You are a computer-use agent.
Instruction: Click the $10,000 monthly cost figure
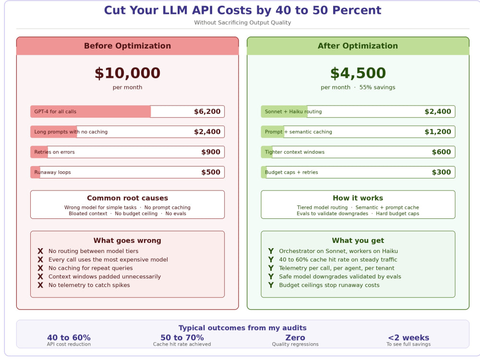point(127,73)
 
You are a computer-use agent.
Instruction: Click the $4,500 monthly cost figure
point(358,73)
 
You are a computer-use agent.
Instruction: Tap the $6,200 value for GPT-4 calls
point(207,111)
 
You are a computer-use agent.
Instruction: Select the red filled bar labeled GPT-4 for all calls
point(91,111)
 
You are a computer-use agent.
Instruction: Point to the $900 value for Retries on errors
point(211,152)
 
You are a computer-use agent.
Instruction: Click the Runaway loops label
point(52,172)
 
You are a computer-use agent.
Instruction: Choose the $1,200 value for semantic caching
point(438,132)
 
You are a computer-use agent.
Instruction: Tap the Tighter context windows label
point(295,152)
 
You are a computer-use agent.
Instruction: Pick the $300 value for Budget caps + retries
point(442,172)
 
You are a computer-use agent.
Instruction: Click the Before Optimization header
point(127,46)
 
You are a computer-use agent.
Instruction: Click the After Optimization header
point(358,46)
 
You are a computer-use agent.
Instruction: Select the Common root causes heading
point(127,198)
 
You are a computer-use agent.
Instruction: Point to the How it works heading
point(358,198)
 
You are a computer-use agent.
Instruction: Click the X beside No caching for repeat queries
point(40,268)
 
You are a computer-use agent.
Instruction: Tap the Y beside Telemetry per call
point(271,268)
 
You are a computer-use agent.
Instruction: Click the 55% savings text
point(377,87)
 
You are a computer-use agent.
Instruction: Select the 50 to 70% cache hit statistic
point(182,337)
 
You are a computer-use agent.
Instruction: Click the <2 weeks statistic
point(408,337)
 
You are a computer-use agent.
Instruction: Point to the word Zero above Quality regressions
point(295,337)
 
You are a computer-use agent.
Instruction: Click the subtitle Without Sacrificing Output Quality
point(242,23)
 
